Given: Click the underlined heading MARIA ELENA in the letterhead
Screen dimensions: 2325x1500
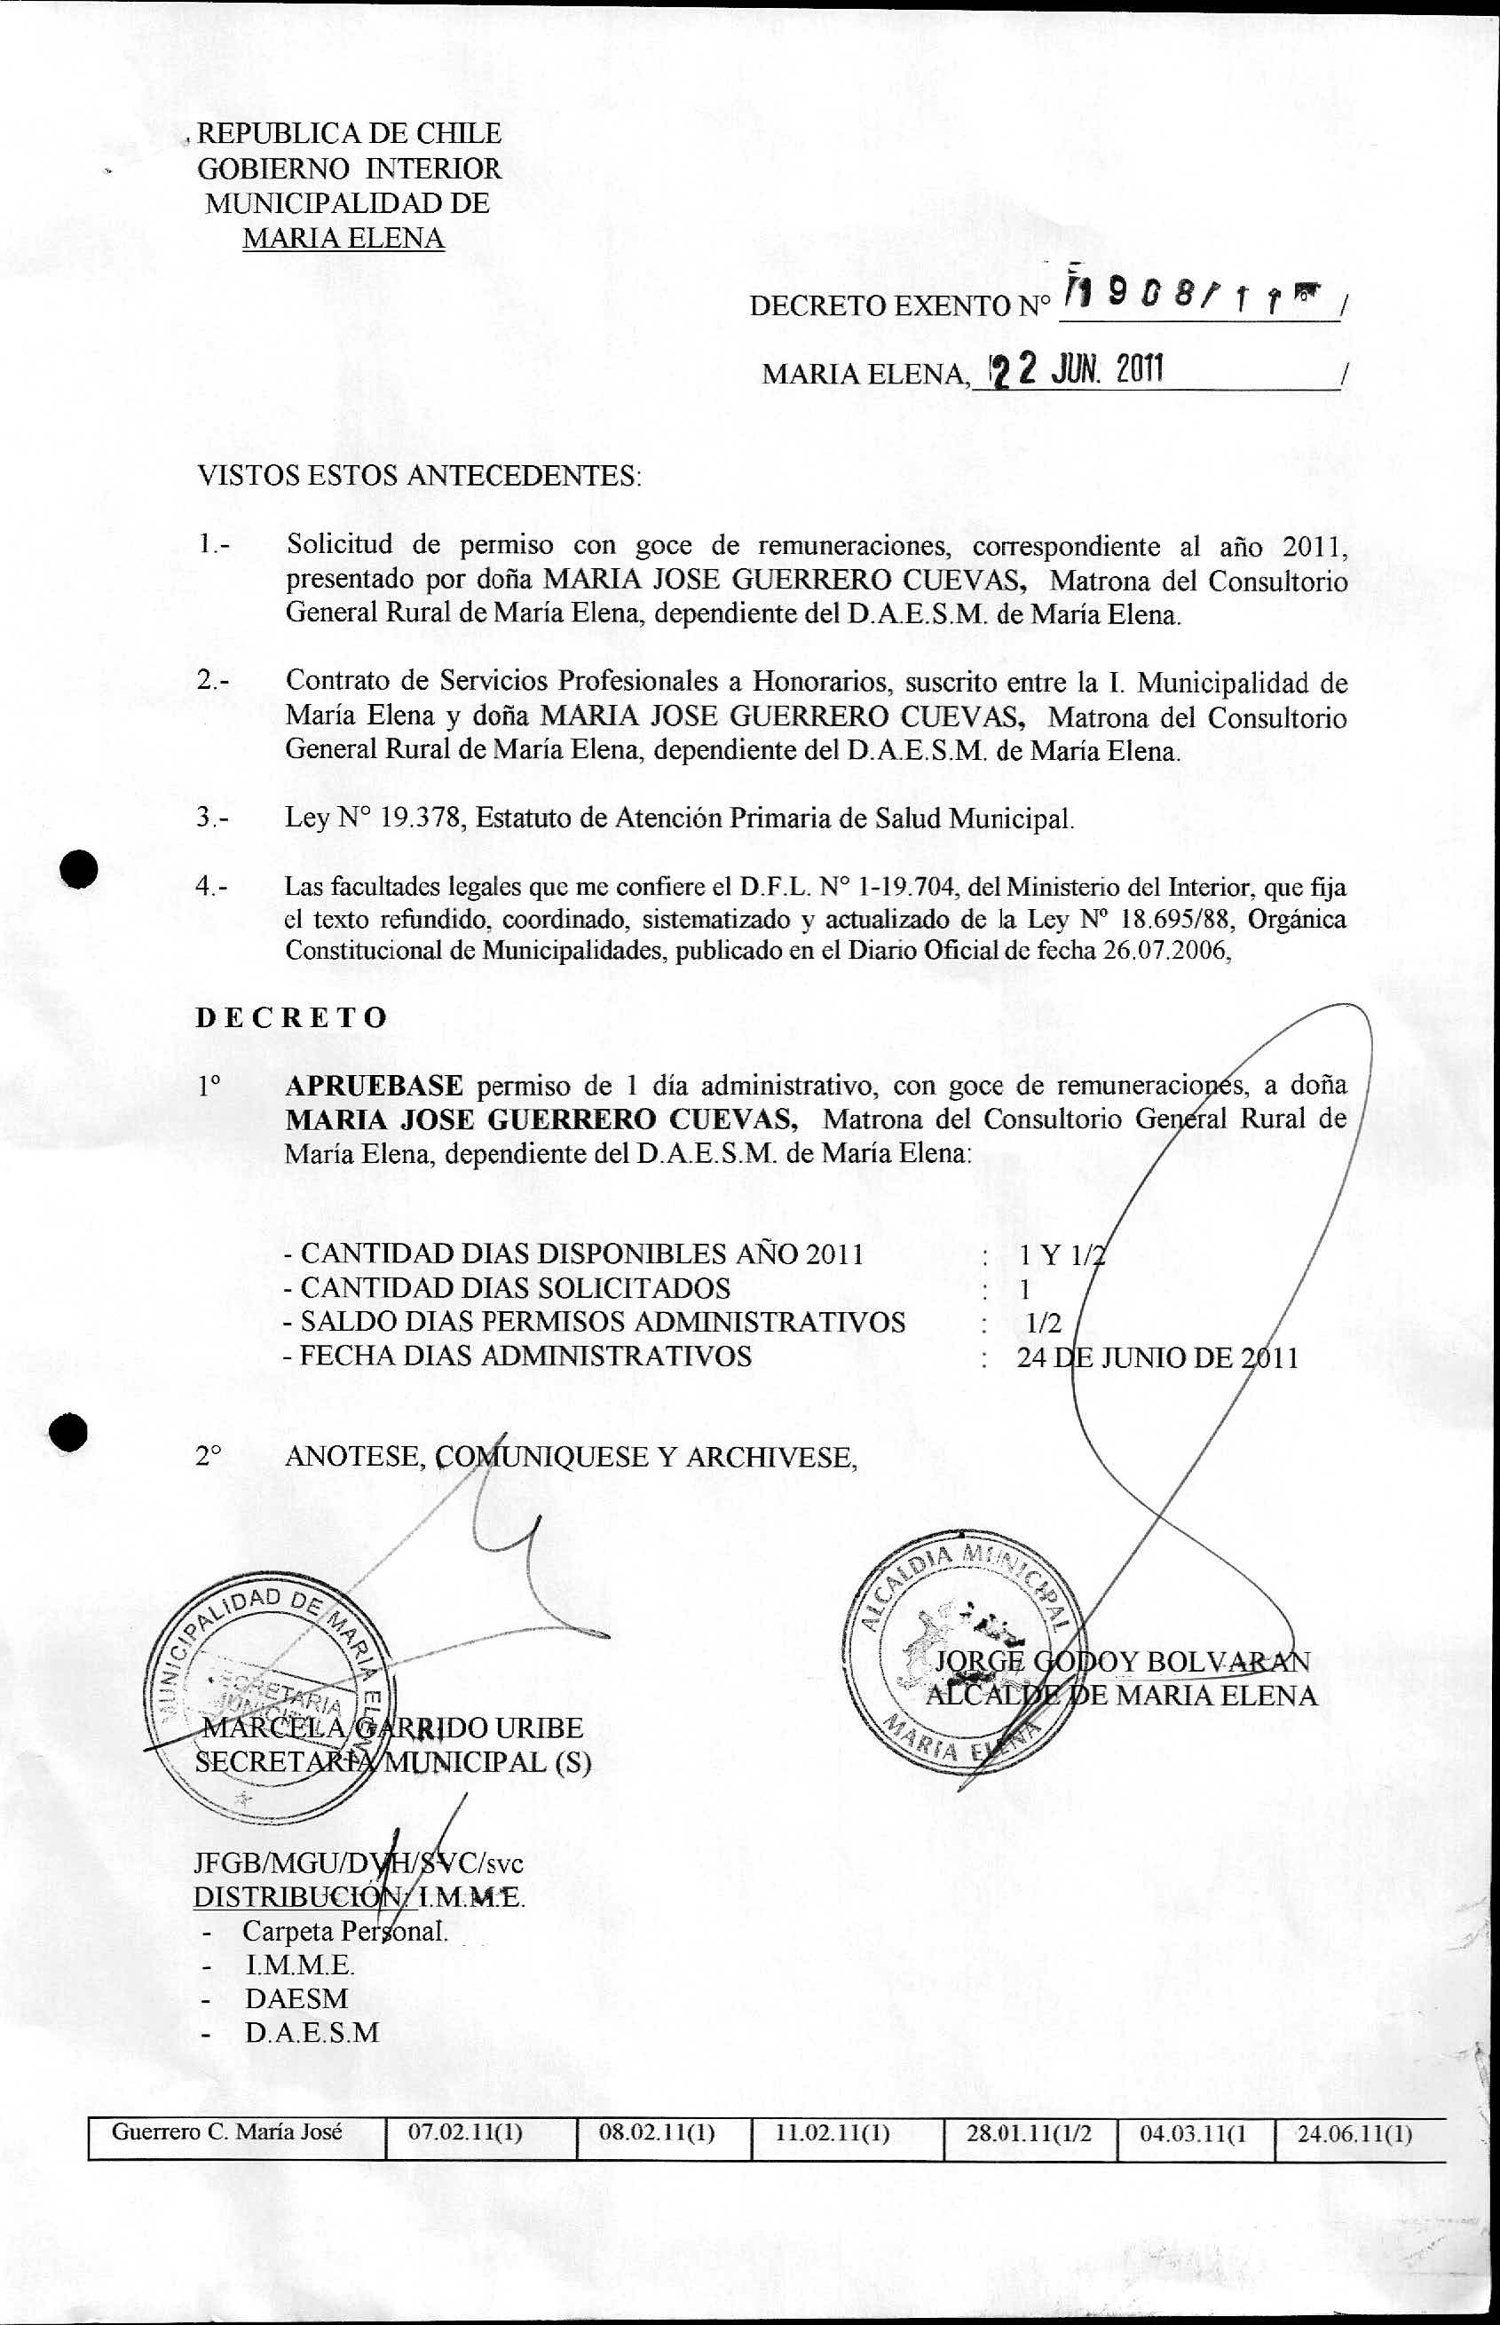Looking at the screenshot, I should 343,238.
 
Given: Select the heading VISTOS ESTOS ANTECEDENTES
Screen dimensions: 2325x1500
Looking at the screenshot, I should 420,477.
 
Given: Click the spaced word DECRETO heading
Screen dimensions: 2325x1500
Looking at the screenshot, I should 292,1018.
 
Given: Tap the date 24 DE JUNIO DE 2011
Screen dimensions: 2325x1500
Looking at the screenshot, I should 1157,1357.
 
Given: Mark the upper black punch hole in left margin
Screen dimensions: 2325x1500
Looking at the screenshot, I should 79,866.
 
